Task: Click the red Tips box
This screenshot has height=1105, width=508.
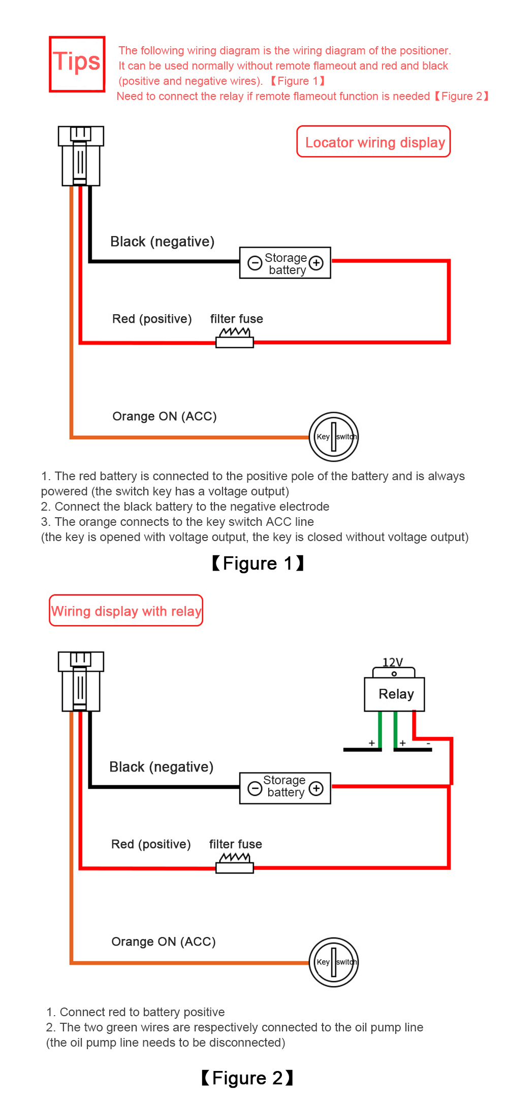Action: [77, 64]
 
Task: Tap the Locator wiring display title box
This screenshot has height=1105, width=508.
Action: [373, 142]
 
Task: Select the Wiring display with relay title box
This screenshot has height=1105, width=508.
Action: [126, 610]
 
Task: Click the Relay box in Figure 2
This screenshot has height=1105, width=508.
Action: [395, 694]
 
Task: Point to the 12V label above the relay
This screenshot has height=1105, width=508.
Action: [393, 662]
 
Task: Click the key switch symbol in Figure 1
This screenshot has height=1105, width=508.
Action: [334, 437]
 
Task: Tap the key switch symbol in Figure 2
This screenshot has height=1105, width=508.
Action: [334, 962]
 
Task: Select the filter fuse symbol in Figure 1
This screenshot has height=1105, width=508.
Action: [235, 338]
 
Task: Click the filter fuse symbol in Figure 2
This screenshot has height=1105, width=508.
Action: [235, 863]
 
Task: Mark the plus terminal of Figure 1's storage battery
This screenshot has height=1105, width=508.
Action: [316, 262]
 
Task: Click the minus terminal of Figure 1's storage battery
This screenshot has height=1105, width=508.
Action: [255, 262]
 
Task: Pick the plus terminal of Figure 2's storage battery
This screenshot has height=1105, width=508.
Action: [316, 788]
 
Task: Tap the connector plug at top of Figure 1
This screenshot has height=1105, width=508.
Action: [81, 156]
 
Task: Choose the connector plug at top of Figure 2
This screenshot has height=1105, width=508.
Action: [81, 681]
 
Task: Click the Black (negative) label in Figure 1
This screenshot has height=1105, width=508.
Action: [162, 242]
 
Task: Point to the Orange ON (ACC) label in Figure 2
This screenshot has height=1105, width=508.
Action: [164, 942]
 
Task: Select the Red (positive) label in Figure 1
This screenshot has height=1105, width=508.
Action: [152, 319]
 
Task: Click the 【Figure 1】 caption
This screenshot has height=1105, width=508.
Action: [258, 563]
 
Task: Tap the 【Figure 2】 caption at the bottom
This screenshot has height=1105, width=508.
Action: [247, 1078]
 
